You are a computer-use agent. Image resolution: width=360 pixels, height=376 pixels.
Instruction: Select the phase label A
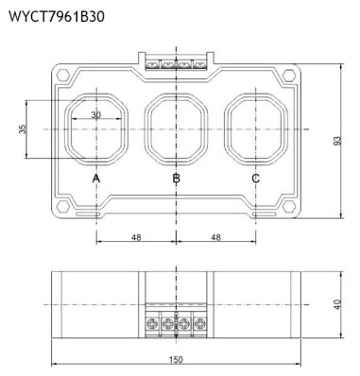pyautogui.click(x=96, y=178)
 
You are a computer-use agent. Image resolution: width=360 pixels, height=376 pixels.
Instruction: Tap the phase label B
pyautogui.click(x=176, y=178)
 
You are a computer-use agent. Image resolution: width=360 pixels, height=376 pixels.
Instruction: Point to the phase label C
pyautogui.click(x=256, y=178)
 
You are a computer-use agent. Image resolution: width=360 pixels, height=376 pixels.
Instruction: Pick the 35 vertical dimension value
pyautogui.click(x=23, y=128)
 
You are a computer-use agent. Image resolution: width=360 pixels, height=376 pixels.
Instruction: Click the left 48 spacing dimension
pyautogui.click(x=136, y=237)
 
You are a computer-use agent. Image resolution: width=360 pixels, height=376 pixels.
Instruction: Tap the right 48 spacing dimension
pyautogui.click(x=216, y=237)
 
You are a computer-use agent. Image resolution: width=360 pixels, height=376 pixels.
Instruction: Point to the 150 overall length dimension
pyautogui.click(x=177, y=360)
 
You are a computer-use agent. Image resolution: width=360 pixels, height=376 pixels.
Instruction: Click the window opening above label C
pyautogui.click(x=256, y=128)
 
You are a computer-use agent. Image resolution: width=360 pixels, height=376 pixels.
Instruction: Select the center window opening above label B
pyautogui.click(x=176, y=128)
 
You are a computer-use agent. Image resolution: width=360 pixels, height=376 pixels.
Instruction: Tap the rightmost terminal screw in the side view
pyautogui.click(x=200, y=324)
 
